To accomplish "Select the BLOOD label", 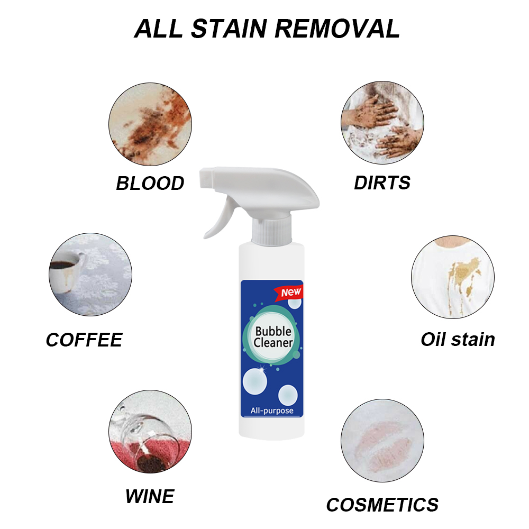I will click(x=150, y=184).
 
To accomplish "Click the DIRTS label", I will click(x=382, y=183).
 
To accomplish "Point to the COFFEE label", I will click(x=84, y=340).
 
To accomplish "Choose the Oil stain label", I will click(x=458, y=340).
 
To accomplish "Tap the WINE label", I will click(x=150, y=496).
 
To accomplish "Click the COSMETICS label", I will click(x=382, y=505).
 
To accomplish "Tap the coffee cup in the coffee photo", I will click(x=66, y=269).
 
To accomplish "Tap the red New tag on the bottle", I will click(x=290, y=291).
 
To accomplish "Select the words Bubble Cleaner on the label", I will click(x=273, y=337).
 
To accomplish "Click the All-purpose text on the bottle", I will click(x=271, y=411).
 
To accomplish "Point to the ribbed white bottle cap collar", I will click(x=272, y=233).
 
